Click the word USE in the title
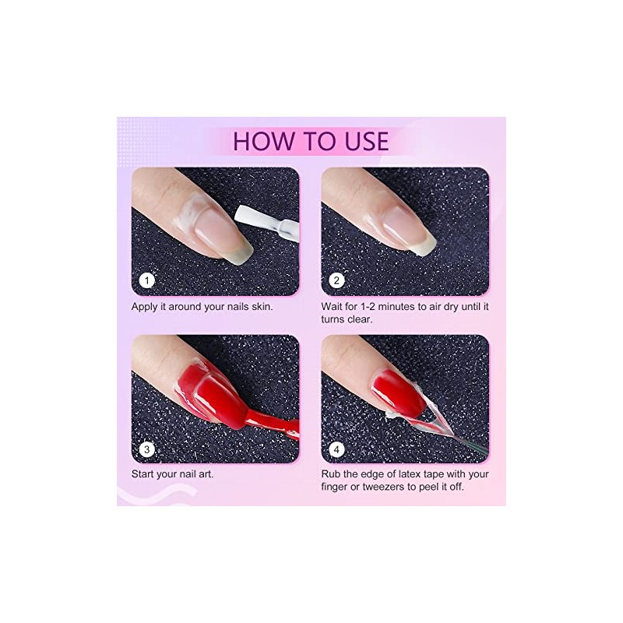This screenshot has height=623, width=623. coord(367,141)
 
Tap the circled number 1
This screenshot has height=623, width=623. coord(146,280)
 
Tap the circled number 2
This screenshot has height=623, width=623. coord(336,280)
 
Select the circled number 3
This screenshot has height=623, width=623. coord(146,449)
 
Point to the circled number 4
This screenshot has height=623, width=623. coord(336,449)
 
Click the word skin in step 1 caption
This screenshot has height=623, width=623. coord(262,307)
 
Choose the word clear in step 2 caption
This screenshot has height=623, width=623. coord(360,319)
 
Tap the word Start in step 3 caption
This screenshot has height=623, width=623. coord(143,474)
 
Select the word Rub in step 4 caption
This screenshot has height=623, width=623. coord(329,474)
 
